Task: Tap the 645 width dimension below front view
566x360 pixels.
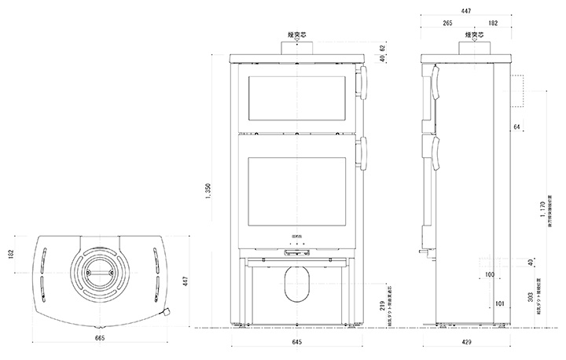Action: tap(296, 343)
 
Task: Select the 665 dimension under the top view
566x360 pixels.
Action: tap(99, 338)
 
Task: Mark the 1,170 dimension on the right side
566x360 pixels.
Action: tap(542, 211)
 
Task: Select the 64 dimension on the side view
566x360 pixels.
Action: tap(516, 126)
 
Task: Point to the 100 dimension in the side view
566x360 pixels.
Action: tap(490, 275)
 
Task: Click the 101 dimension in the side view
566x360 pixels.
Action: tap(500, 302)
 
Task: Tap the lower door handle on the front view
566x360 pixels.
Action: tap(363, 153)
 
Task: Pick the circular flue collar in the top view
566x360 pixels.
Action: tap(99, 270)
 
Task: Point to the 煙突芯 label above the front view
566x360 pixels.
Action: tap(297, 35)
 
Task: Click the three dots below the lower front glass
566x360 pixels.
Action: tap(296, 246)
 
